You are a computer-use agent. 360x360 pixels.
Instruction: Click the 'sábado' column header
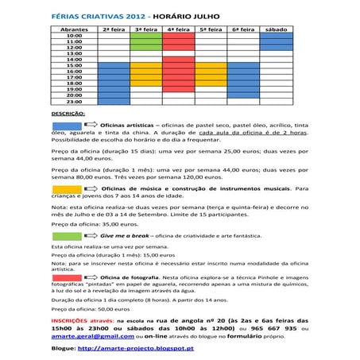point(277,28)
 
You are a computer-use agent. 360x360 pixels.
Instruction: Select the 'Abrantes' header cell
point(75,28)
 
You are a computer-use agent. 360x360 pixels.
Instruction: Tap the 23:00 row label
point(75,101)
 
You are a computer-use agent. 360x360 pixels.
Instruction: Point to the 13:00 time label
point(75,58)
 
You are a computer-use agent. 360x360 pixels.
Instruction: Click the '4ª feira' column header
point(180,28)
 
